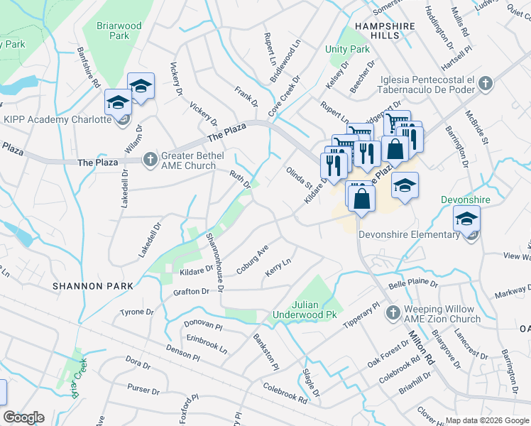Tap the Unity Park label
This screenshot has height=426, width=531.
pyautogui.click(x=348, y=50)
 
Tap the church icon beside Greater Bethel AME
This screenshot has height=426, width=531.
pyautogui.click(x=150, y=160)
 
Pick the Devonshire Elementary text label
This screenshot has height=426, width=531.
pyautogui.click(x=409, y=235)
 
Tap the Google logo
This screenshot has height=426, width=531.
pyautogui.click(x=23, y=417)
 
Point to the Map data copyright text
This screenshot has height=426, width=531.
pyautogui.click(x=487, y=420)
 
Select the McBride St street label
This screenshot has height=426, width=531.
pyautogui.click(x=476, y=127)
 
